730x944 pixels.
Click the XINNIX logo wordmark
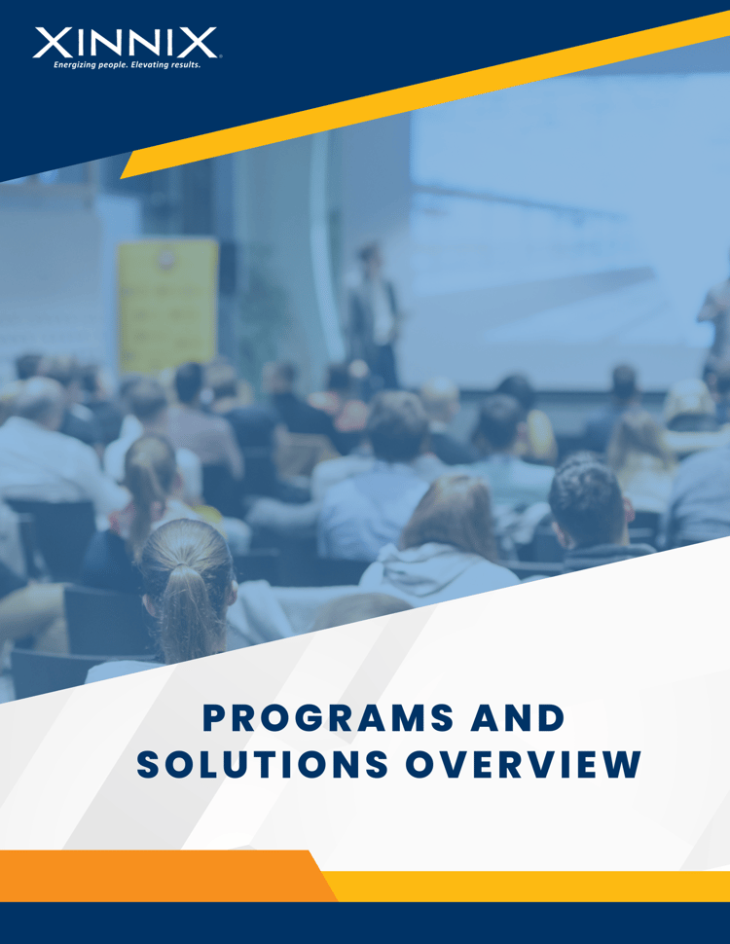(x=126, y=43)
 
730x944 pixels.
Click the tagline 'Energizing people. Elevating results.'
(x=127, y=66)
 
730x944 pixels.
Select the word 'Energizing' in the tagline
(x=74, y=66)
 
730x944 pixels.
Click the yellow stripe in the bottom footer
(x=535, y=886)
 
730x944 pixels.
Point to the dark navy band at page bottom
(x=365, y=924)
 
